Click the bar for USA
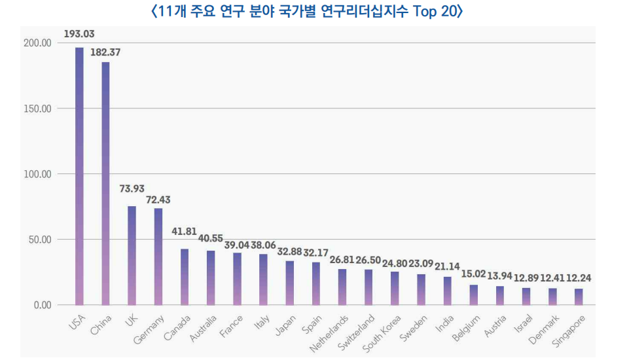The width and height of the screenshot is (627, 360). coord(79,177)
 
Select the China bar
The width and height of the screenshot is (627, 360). coord(105,183)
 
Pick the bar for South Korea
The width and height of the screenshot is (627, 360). coord(395,288)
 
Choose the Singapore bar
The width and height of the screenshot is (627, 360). coord(579,297)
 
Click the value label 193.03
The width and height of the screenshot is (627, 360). coord(79,33)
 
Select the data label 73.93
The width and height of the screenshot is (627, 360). coord(132,189)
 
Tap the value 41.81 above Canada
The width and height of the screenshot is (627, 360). coord(185,231)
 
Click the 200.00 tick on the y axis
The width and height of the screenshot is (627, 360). coord(37,43)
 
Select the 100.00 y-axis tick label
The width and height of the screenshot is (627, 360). coord(37,174)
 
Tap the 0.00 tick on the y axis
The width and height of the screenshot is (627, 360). coord(41,305)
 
